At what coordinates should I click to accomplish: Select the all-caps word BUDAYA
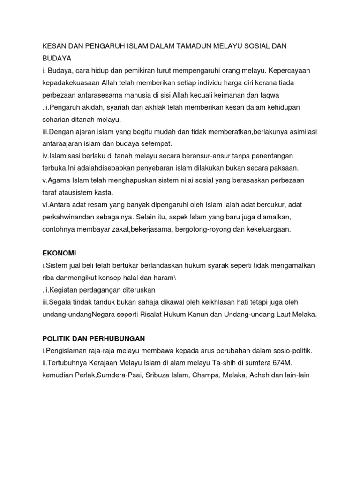tap(57, 59)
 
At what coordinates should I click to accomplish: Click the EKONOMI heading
tap(59, 253)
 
